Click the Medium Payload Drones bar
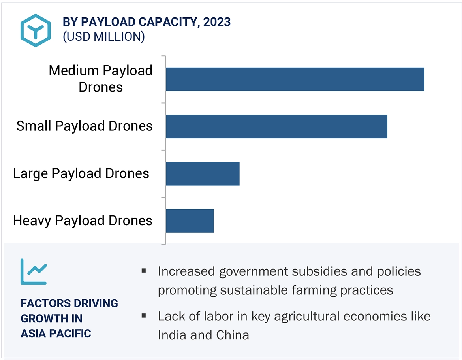295,79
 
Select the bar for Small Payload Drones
276,126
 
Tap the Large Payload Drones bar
203,173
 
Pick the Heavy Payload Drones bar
190,221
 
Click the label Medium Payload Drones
101,79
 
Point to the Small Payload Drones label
85,126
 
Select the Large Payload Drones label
81,173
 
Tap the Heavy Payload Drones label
83,221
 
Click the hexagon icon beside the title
36,30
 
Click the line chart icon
34,271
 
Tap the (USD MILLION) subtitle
103,37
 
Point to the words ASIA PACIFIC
56,334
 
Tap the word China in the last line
233,335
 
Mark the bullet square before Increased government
143,271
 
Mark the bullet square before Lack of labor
143,316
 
